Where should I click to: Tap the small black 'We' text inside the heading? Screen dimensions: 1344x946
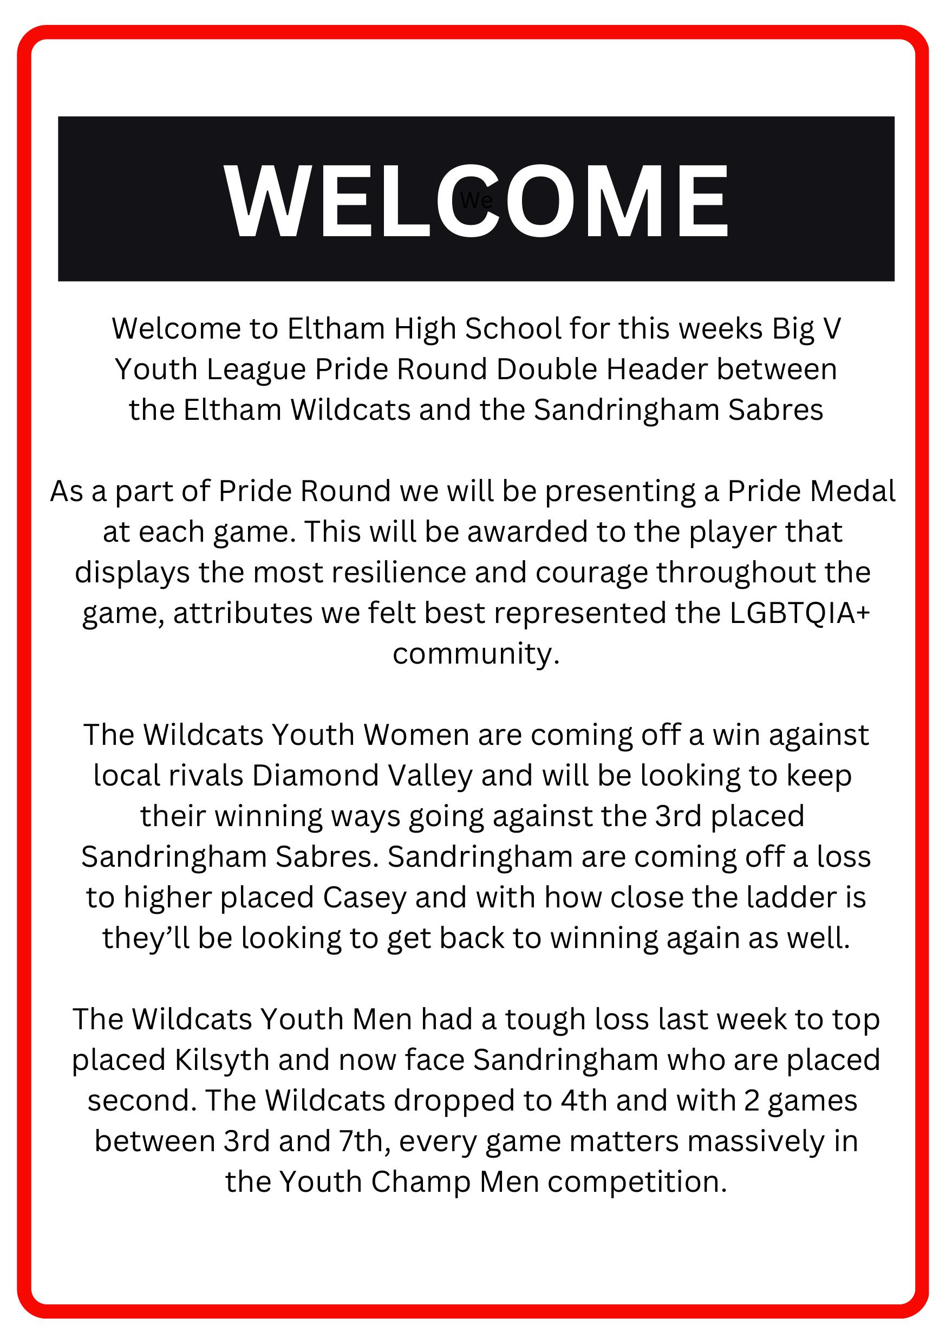tap(475, 201)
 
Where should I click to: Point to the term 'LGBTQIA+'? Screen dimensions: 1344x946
tap(800, 613)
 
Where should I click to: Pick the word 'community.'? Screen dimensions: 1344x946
tap(475, 653)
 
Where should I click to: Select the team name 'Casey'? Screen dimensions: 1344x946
tap(364, 898)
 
